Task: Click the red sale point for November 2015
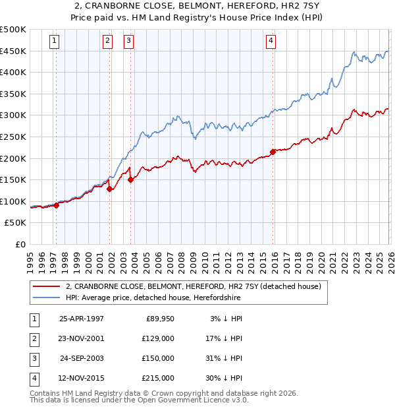point(273,152)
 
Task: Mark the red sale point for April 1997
point(57,205)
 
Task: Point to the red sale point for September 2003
point(131,179)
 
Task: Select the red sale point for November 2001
point(110,189)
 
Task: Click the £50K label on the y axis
point(16,223)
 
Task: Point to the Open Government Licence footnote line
point(140,400)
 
